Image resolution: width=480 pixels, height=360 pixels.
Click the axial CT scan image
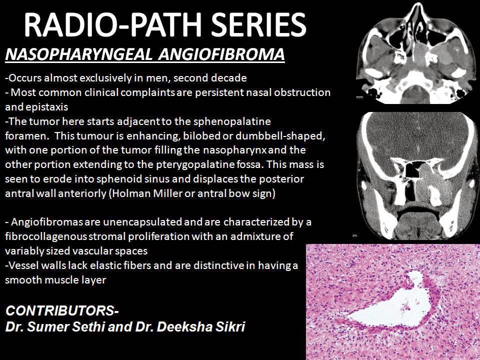[x=414, y=52]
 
